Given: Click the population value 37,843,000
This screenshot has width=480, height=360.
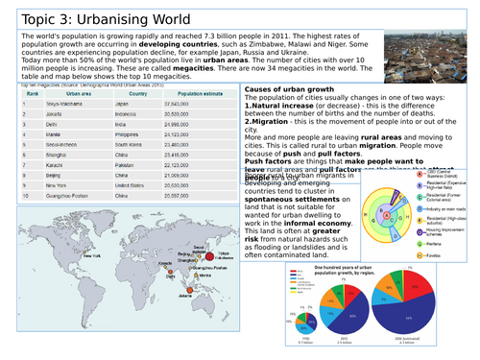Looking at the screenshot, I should [195, 104].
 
